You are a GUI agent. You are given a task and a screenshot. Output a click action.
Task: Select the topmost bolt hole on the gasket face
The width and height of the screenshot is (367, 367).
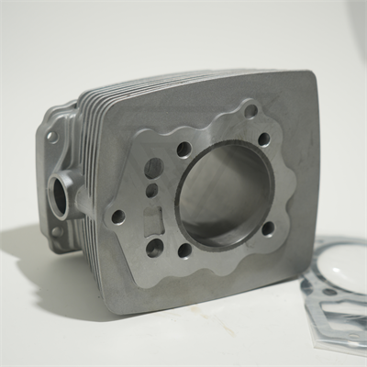pyautogui.click(x=250, y=111)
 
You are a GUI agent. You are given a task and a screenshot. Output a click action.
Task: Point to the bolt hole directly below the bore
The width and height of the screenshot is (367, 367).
pyautogui.click(x=185, y=250)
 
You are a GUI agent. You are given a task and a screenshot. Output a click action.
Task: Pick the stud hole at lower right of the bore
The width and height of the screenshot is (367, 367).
pyautogui.click(x=267, y=227)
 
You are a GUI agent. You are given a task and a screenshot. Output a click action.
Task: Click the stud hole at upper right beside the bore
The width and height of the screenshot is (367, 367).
pyautogui.click(x=264, y=139)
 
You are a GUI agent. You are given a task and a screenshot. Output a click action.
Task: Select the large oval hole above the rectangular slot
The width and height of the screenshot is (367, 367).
pyautogui.click(x=153, y=168)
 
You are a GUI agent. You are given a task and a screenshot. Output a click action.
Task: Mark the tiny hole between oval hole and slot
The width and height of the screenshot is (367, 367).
pyautogui.click(x=152, y=191)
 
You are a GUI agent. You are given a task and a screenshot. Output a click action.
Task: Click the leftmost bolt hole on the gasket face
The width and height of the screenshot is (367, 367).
pyautogui.click(x=117, y=217)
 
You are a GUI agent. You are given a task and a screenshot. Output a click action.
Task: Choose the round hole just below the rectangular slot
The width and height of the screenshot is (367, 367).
pyautogui.click(x=154, y=246)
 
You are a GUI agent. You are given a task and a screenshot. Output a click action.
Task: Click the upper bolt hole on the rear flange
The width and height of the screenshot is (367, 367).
pyautogui.click(x=52, y=137)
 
